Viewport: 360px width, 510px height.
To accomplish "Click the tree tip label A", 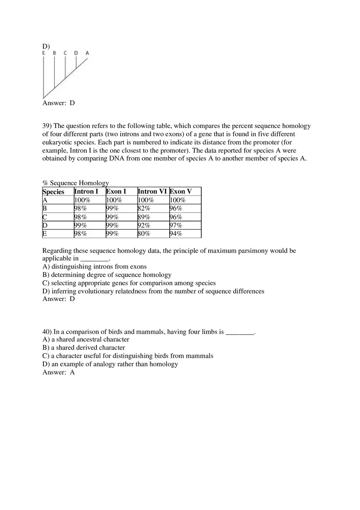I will pyautogui.click(x=87, y=53).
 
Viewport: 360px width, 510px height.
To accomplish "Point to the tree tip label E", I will pyautogui.click(x=44, y=53).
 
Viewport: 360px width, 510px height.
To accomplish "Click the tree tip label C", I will pyautogui.click(x=65, y=53).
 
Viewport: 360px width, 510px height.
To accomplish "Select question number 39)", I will pyautogui.click(x=47, y=126).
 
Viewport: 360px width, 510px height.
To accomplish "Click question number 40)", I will pyautogui.click(x=47, y=332).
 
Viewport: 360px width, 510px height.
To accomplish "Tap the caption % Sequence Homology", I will pyautogui.click(x=76, y=183).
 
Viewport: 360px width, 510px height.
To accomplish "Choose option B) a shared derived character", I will pyautogui.click(x=84, y=348).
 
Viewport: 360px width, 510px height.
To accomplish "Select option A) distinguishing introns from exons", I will pyautogui.click(x=94, y=267).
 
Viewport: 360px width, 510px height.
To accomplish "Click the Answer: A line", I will pyautogui.click(x=59, y=372).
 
